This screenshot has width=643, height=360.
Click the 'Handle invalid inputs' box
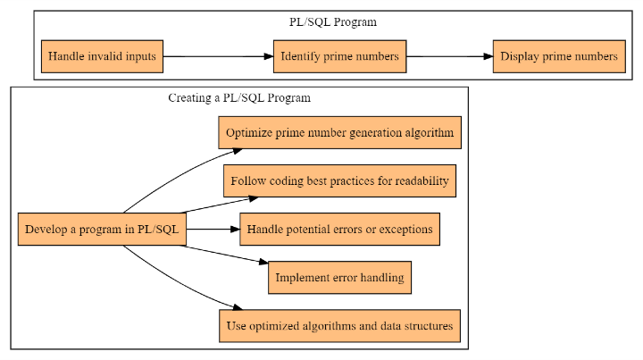click(x=103, y=56)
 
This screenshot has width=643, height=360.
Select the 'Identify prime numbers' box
click(x=339, y=56)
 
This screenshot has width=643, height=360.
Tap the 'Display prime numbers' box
click(x=558, y=56)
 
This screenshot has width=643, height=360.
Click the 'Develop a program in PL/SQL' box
click(x=102, y=230)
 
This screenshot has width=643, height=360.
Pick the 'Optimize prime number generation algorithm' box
click(x=340, y=132)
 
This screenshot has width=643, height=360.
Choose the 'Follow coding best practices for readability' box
click(x=339, y=181)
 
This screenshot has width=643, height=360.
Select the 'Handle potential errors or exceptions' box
click(x=339, y=230)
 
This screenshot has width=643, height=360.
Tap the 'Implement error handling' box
click(x=339, y=278)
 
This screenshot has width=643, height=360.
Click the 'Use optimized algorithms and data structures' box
click(x=340, y=326)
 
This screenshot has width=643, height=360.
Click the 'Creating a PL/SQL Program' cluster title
click(x=239, y=97)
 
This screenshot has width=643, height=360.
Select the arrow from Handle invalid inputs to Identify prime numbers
click(x=218, y=56)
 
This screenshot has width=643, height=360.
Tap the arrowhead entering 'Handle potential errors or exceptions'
click(x=235, y=230)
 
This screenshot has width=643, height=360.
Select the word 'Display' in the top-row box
click(x=521, y=56)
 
